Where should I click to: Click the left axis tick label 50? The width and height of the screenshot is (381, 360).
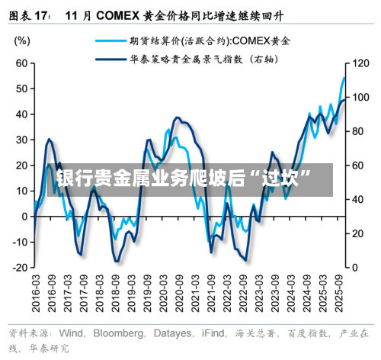(x=21, y=88)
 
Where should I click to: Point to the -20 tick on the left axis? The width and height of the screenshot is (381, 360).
(x=18, y=268)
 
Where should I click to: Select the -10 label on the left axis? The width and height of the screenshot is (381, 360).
(x=18, y=242)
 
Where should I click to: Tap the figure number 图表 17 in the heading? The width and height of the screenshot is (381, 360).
(x=29, y=14)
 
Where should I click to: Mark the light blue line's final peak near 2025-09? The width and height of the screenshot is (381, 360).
(x=344, y=78)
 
